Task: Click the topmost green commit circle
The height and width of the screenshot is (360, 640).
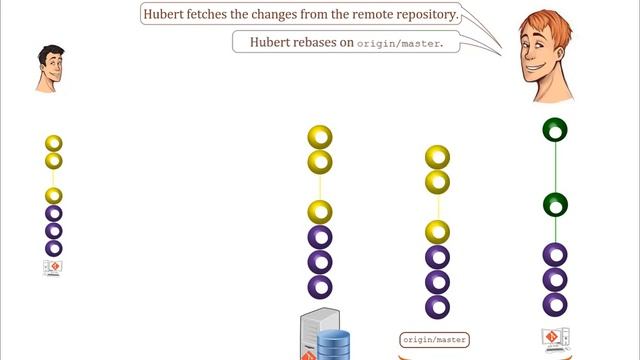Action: click(x=555, y=130)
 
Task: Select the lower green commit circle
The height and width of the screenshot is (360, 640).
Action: click(x=555, y=205)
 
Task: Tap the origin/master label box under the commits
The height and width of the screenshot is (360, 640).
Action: click(x=435, y=340)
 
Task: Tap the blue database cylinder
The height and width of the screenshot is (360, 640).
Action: click(x=334, y=344)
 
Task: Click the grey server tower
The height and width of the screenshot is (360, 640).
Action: click(x=314, y=336)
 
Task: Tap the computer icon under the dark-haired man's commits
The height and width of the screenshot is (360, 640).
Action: click(x=54, y=268)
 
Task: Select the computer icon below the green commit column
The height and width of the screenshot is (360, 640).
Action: click(x=554, y=337)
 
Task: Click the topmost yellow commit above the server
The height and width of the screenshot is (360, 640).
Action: click(x=320, y=137)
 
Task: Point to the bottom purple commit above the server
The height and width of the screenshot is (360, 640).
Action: click(x=320, y=287)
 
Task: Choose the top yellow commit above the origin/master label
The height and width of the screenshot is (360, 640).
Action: click(x=437, y=157)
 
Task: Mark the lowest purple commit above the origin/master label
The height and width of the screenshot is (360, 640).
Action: click(x=437, y=306)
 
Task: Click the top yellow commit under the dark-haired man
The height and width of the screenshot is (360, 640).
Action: click(x=54, y=144)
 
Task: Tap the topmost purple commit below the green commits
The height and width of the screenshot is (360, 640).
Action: click(x=555, y=255)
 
